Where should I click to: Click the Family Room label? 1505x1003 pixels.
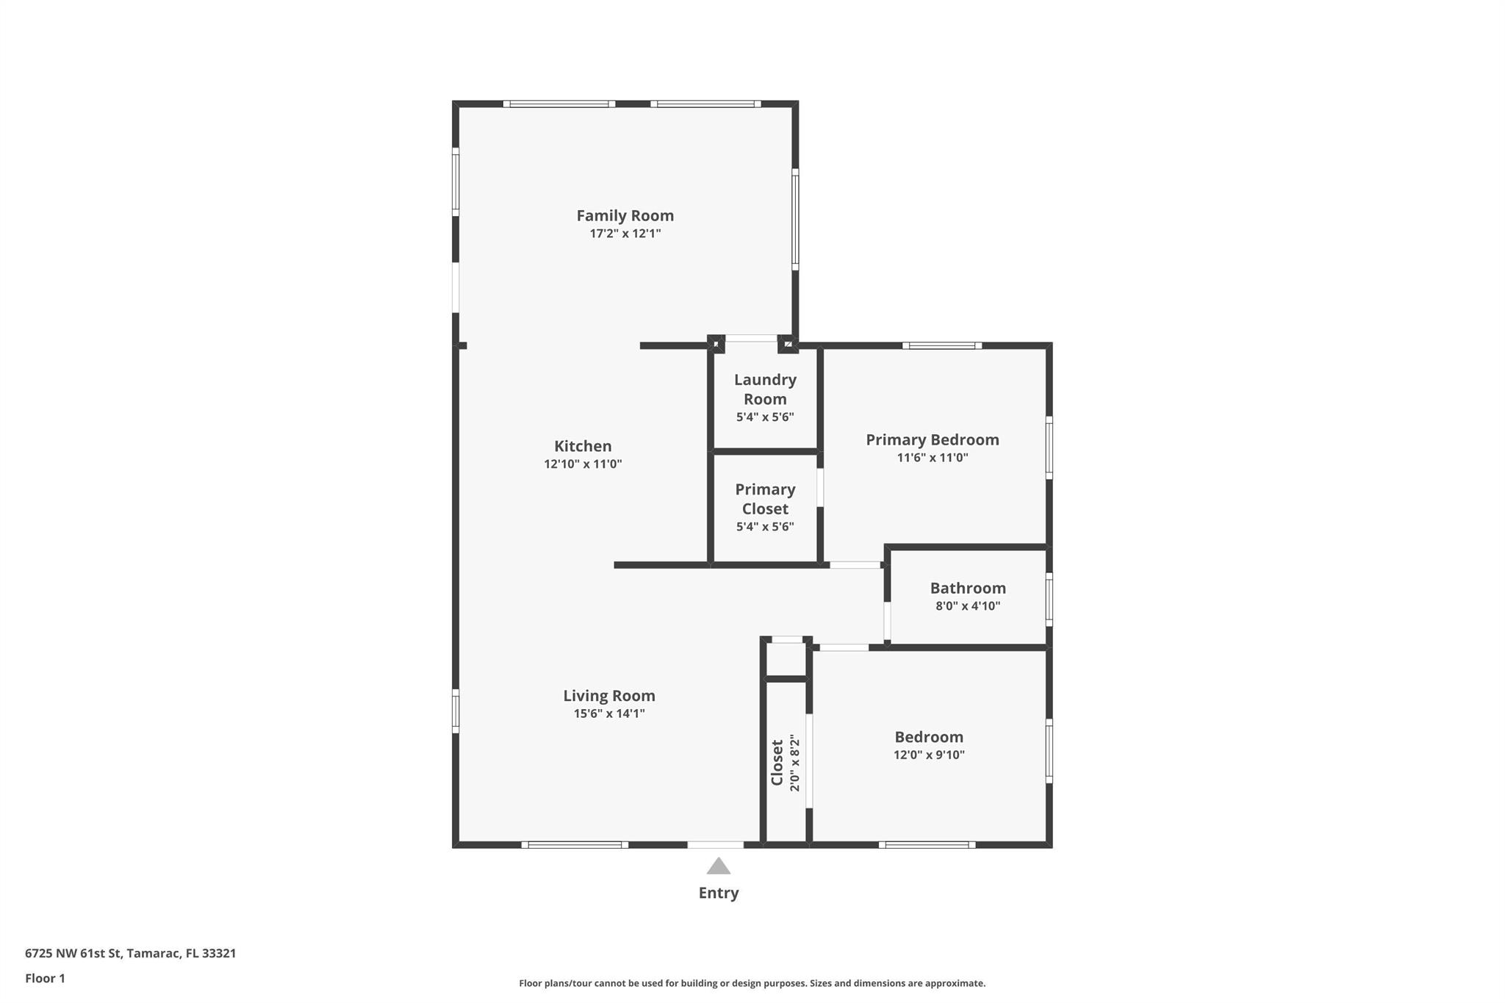[625, 215]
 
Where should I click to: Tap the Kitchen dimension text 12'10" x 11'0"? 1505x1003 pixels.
[583, 464]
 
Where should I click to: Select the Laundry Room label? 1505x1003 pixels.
[765, 389]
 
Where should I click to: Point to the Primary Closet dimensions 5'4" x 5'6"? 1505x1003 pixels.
[765, 526]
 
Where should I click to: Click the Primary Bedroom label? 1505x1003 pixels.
[932, 439]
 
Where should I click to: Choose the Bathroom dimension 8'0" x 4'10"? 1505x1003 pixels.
[967, 605]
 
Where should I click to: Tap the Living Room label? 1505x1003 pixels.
[609, 695]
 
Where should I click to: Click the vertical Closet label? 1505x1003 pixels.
[777, 762]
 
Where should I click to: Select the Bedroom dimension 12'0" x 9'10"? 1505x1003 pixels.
[929, 755]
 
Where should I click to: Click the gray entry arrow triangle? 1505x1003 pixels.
[718, 866]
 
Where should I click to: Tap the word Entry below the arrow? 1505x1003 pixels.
[718, 893]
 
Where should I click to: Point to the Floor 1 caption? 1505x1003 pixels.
[45, 978]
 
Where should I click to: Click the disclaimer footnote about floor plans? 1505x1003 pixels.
[752, 983]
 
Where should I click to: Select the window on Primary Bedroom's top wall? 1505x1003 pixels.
[941, 345]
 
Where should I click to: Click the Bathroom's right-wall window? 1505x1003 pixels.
[1049, 599]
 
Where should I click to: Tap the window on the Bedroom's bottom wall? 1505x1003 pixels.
[927, 844]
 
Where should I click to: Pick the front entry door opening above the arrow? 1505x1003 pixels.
[716, 844]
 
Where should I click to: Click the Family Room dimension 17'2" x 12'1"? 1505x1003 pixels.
[625, 234]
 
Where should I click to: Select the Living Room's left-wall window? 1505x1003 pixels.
[456, 711]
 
